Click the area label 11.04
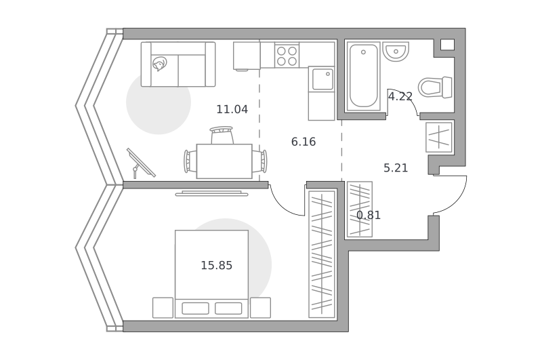click(x=232, y=109)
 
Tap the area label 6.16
click(x=304, y=142)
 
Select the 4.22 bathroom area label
click(x=400, y=96)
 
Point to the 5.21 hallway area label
click(x=396, y=168)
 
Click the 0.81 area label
click(x=369, y=216)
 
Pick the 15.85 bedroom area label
click(x=217, y=266)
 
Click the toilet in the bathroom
click(x=435, y=87)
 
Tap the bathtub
click(x=363, y=76)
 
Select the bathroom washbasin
click(x=396, y=52)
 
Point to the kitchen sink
click(x=323, y=79)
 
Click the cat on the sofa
click(x=160, y=64)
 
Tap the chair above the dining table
click(x=222, y=135)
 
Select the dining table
click(x=224, y=161)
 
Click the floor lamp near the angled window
click(x=140, y=163)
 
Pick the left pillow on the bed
click(x=195, y=308)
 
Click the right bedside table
click(x=260, y=308)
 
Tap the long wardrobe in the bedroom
click(x=322, y=254)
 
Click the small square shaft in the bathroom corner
click(x=447, y=45)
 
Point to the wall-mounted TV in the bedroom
click(x=211, y=193)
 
